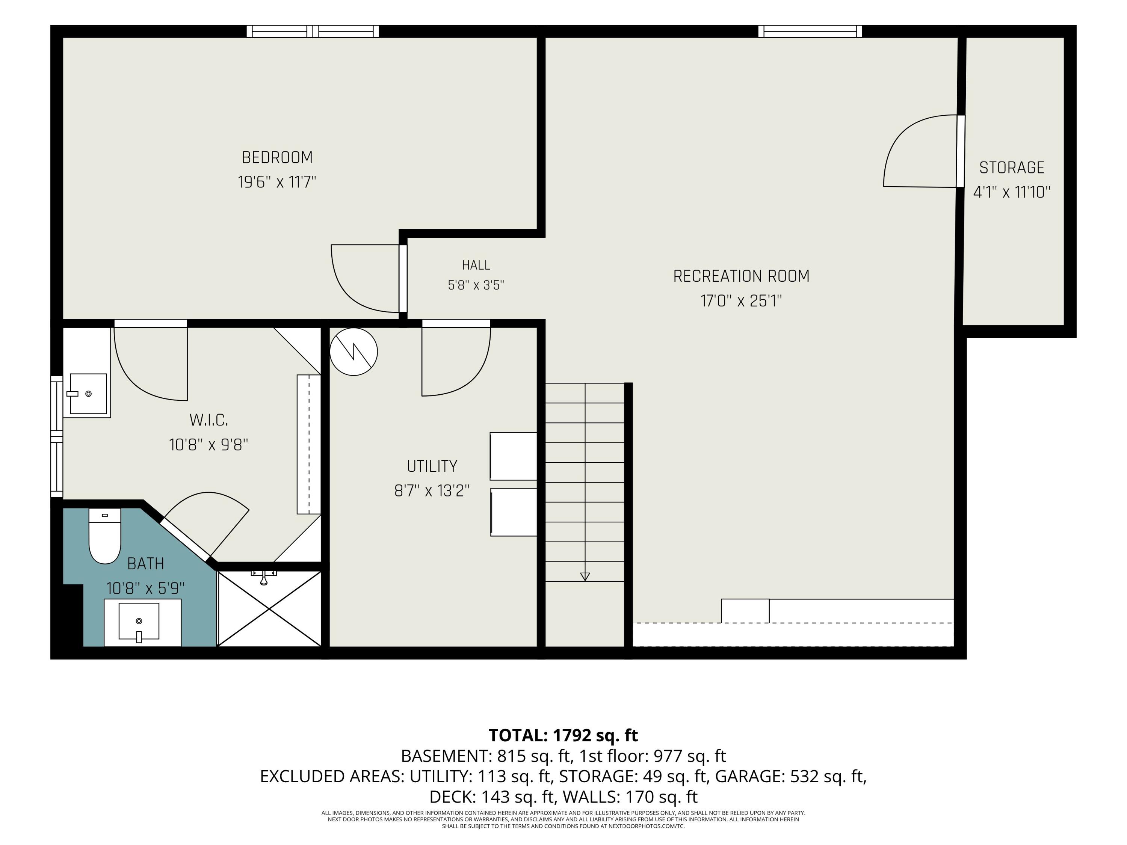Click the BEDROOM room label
[x=277, y=158]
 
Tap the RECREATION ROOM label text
[x=741, y=276]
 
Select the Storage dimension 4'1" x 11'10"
[x=1012, y=192]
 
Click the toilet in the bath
[x=105, y=536]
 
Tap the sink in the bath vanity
[x=139, y=622]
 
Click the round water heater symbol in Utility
[x=354, y=352]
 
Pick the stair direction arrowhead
[x=585, y=576]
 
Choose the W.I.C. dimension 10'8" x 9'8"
[x=208, y=445]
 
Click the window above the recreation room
[x=810, y=31]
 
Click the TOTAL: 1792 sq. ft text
[x=563, y=735]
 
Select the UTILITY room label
[x=432, y=466]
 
